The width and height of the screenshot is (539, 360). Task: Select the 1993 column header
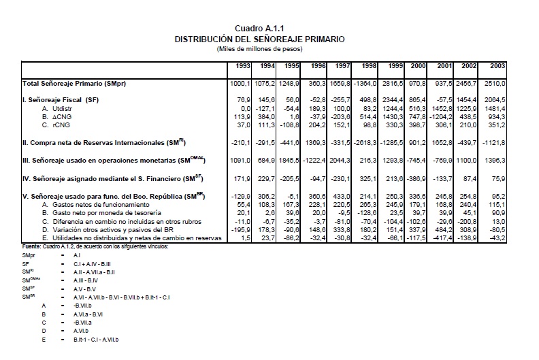(240, 66)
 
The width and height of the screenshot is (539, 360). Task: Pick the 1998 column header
(367, 66)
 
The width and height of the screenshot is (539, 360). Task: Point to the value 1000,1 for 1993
(238, 83)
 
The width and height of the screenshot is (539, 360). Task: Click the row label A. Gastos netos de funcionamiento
(96, 203)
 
